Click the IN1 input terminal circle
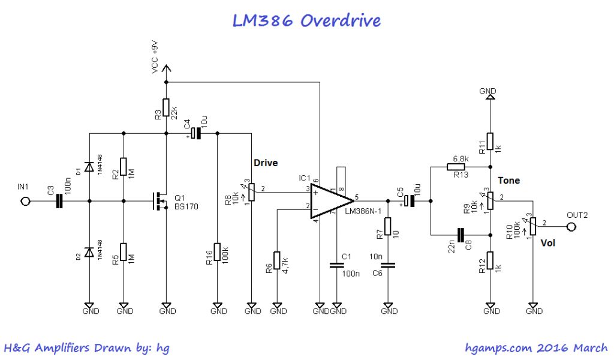[x=25, y=201]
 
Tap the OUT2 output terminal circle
[x=571, y=227]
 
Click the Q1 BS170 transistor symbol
[x=161, y=201]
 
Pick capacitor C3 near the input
[x=60, y=201]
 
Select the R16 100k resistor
[x=217, y=252]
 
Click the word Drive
[x=266, y=163]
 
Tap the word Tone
[x=508, y=180]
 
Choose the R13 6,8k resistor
[x=460, y=166]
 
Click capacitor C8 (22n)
[x=461, y=235]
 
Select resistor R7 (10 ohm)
[x=388, y=227]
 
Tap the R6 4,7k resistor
[x=277, y=261]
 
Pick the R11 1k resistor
[x=490, y=141]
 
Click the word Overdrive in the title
[x=340, y=20]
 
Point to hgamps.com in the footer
[x=493, y=347]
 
